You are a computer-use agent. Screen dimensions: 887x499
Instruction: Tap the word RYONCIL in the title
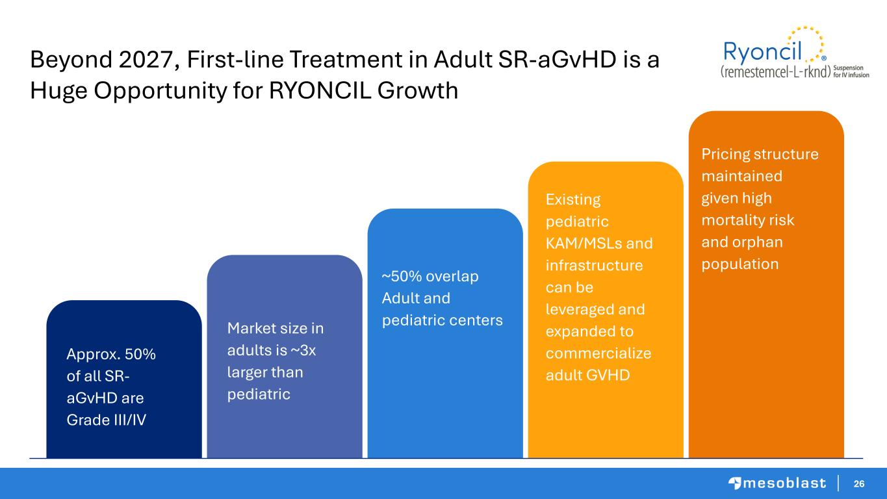coord(320,91)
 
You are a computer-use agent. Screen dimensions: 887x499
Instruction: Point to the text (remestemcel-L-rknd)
coord(775,71)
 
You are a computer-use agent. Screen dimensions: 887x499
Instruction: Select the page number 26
coord(859,483)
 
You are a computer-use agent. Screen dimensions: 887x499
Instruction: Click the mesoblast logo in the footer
coord(777,483)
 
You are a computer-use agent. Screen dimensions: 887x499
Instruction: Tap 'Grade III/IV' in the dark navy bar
coord(106,420)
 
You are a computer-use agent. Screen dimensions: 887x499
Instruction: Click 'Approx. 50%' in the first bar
coord(111,354)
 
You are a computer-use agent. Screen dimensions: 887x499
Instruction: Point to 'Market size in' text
coord(276,328)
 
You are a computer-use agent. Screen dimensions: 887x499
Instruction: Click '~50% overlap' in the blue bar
coord(430,276)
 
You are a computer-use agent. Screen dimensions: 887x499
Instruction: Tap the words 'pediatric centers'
coord(442,320)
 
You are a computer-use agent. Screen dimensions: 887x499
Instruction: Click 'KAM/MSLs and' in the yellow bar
coord(599,244)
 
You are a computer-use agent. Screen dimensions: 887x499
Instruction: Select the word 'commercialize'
coord(598,353)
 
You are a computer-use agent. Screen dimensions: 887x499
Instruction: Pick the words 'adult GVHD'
coord(587,376)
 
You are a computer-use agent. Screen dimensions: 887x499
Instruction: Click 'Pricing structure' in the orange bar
coord(760,154)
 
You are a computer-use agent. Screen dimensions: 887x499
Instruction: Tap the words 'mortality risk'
coord(747,220)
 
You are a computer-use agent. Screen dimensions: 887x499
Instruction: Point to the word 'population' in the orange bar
coord(739,264)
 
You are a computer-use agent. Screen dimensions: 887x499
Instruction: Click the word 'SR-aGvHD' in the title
coord(557,60)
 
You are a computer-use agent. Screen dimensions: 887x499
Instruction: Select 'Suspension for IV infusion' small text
coord(851,71)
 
